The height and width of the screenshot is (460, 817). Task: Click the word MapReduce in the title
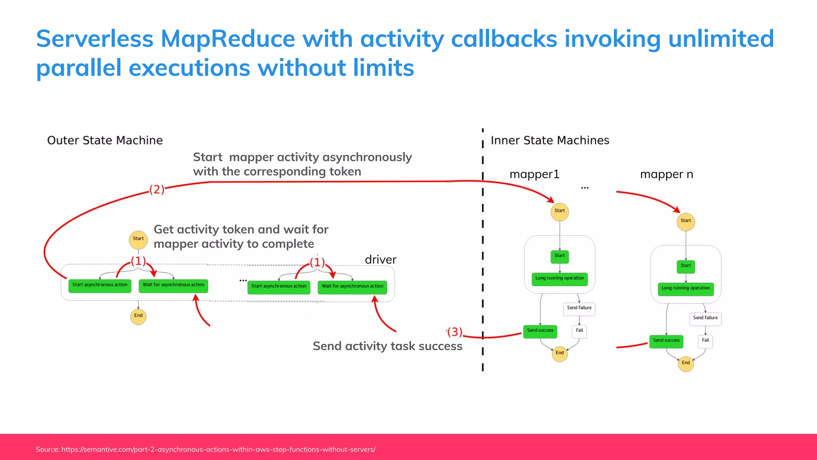click(x=228, y=39)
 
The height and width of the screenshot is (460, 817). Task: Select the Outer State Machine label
click(x=105, y=141)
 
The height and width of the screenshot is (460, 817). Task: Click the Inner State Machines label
click(x=550, y=141)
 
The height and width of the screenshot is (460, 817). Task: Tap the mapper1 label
click(x=535, y=174)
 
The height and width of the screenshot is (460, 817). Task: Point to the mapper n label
click(x=666, y=174)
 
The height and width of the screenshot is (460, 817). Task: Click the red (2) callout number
click(x=157, y=189)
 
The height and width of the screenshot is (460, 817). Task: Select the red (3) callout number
click(x=454, y=332)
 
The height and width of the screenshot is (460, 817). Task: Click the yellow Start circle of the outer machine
click(x=138, y=239)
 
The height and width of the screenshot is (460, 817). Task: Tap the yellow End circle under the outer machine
click(x=138, y=316)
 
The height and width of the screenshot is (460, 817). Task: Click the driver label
click(x=381, y=260)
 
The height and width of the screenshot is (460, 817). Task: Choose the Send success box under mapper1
click(x=540, y=331)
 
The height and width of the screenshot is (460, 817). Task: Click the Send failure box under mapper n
click(x=705, y=318)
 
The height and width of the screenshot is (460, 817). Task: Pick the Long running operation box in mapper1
click(x=559, y=279)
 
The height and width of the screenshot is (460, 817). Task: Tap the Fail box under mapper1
click(x=579, y=331)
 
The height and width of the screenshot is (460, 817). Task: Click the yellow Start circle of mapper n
click(x=686, y=221)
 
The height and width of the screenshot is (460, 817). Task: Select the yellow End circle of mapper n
click(x=686, y=363)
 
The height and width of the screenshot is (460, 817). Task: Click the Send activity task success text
click(x=387, y=346)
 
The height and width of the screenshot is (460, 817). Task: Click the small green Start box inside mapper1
click(x=559, y=256)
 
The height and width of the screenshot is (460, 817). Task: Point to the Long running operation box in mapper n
click(x=685, y=289)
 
